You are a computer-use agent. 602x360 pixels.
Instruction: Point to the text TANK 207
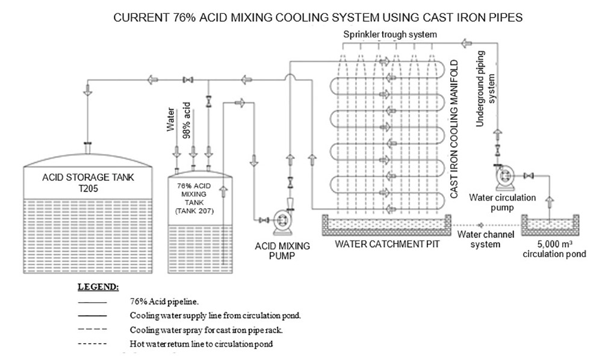coord(194,211)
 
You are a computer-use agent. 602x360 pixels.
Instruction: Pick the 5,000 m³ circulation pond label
coord(554,249)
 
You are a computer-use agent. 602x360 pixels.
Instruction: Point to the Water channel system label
coord(479,240)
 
